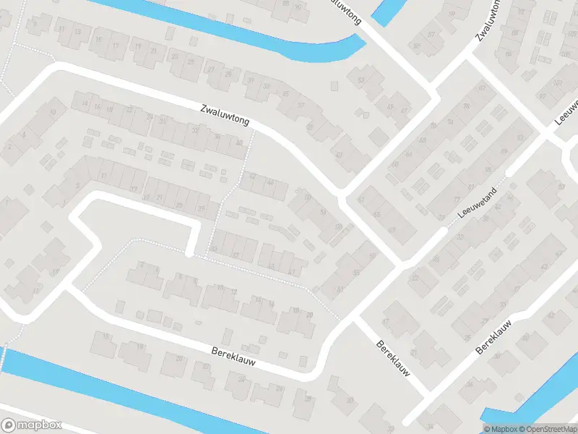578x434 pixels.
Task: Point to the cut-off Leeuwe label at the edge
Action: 566,108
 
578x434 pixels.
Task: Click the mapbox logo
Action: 32,425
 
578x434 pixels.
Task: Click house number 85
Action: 488,170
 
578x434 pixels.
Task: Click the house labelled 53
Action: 361,80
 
